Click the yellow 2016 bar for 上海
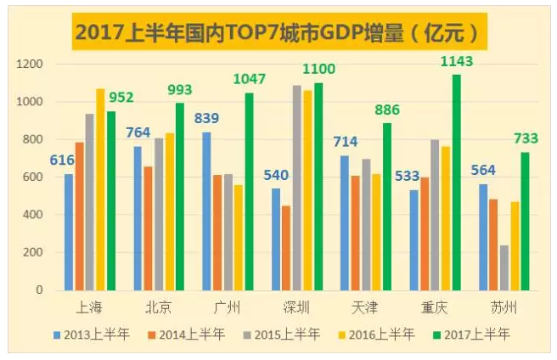pos(101,189)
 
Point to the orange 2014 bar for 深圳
pos(286,248)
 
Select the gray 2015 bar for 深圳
pos(297,188)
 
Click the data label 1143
pos(456,62)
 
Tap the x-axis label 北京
pos(160,307)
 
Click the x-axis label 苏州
pos(504,307)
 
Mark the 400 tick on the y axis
pos(33,215)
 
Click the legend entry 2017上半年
pos(469,335)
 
